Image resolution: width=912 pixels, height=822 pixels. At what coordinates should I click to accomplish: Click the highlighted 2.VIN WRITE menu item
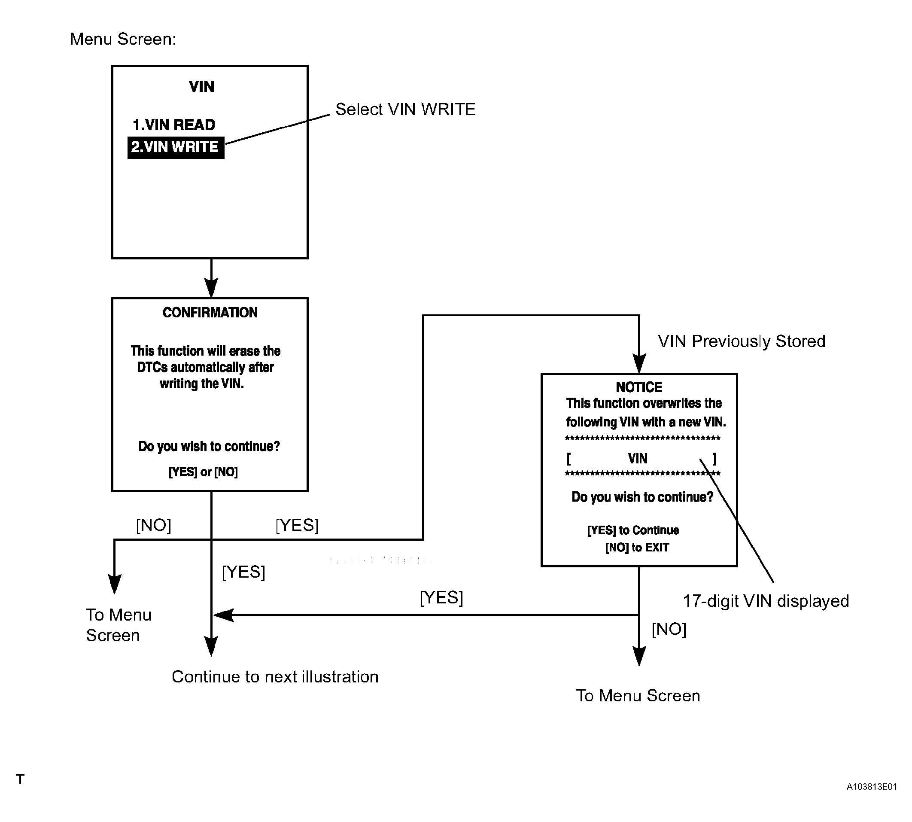click(x=176, y=147)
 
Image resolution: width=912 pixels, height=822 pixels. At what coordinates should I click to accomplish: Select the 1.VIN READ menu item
click(x=174, y=125)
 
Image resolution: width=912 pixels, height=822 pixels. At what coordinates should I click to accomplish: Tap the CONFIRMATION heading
click(x=210, y=313)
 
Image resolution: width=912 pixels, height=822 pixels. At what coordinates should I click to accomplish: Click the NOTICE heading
click(x=639, y=387)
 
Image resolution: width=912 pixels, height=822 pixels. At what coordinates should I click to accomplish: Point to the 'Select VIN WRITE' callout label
click(x=405, y=109)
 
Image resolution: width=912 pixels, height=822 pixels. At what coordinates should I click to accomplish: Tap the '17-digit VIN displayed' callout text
click(x=766, y=601)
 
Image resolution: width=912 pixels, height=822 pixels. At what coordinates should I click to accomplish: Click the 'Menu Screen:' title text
click(x=123, y=39)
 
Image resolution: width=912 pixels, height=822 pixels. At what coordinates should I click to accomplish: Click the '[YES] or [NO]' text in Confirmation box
click(x=203, y=472)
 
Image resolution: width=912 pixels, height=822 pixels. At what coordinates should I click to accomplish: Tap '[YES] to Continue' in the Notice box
click(x=633, y=530)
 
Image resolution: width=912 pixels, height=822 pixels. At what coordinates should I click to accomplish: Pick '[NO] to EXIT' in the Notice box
click(x=637, y=548)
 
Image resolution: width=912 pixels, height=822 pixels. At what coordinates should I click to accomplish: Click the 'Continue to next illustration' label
click(x=275, y=676)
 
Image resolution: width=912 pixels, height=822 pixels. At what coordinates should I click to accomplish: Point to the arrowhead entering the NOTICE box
click(x=639, y=364)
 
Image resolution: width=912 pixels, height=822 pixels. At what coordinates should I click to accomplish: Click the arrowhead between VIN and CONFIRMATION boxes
click(x=211, y=288)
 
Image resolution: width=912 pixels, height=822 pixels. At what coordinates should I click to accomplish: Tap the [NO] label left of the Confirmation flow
click(x=154, y=525)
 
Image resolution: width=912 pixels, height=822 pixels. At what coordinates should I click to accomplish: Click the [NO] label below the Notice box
click(x=669, y=629)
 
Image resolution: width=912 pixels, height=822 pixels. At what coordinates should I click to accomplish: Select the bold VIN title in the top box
click(x=201, y=86)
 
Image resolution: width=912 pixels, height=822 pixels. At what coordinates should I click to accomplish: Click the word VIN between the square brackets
click(x=638, y=459)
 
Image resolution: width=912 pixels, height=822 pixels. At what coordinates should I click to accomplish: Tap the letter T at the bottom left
click(x=20, y=779)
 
